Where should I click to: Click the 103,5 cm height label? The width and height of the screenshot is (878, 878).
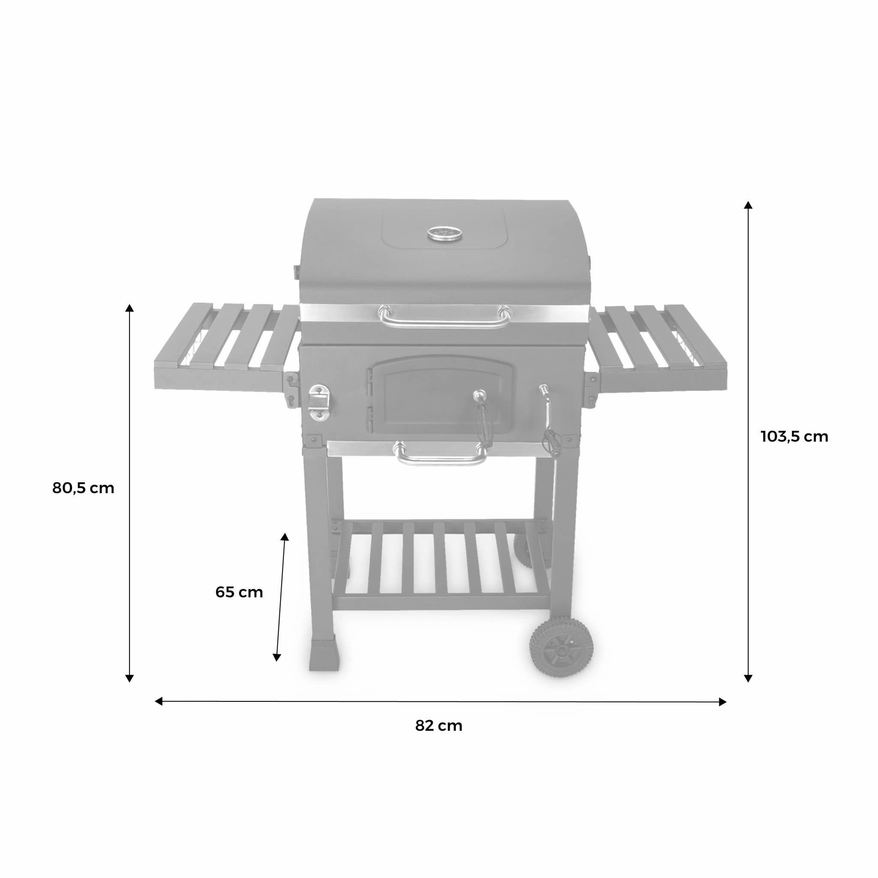coord(794,437)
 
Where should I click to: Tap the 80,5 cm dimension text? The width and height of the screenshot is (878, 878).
coord(83,488)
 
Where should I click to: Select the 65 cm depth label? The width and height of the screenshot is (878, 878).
coord(239,592)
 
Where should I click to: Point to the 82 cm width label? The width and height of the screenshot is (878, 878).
coord(439,726)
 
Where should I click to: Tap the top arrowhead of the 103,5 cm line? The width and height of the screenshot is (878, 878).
coord(748,205)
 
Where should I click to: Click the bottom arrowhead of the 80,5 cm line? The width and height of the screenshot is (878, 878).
coord(129,679)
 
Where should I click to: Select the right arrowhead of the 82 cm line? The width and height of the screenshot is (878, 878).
coord(722,702)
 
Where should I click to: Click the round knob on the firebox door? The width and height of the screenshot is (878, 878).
coord(479,394)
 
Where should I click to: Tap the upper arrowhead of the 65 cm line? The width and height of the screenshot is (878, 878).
coord(285,537)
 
